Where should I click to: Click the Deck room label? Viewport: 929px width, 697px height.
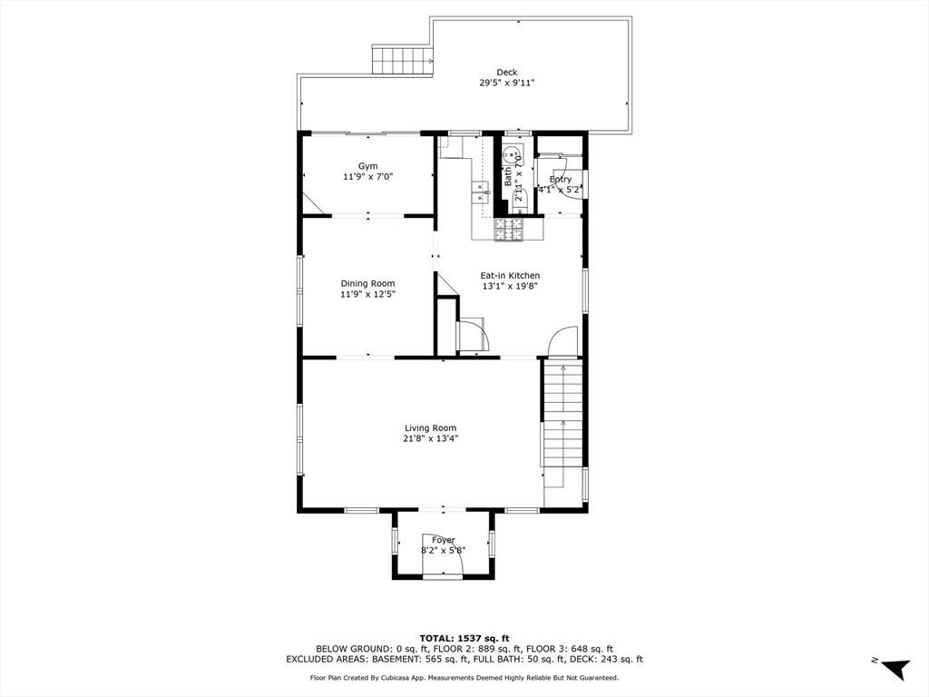pos(507,73)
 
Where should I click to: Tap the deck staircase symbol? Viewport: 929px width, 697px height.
pos(402,61)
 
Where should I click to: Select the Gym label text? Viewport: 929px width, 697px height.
pos(367,166)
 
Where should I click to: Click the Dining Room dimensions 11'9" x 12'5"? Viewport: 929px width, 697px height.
pos(367,294)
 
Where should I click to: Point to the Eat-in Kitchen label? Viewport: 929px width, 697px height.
pos(510,276)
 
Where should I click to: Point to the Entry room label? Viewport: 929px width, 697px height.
pos(560,180)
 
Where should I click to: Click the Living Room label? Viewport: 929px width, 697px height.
pos(430,427)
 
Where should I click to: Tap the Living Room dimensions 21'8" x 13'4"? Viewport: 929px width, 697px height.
pos(430,438)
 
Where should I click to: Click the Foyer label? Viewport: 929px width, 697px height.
pos(443,540)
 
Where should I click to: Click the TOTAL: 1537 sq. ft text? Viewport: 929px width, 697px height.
pos(464,638)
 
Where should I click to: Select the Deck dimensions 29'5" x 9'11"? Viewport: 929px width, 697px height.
pos(507,83)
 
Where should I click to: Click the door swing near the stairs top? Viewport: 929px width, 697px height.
pos(563,341)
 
